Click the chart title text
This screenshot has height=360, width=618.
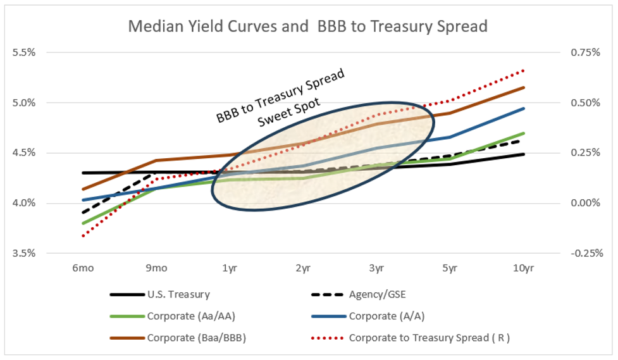pos(307,27)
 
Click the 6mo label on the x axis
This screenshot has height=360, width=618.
pos(83,268)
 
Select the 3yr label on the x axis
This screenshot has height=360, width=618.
pos(377,268)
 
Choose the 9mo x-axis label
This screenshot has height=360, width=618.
pos(156,268)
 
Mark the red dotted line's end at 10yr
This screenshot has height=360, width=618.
pos(524,71)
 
